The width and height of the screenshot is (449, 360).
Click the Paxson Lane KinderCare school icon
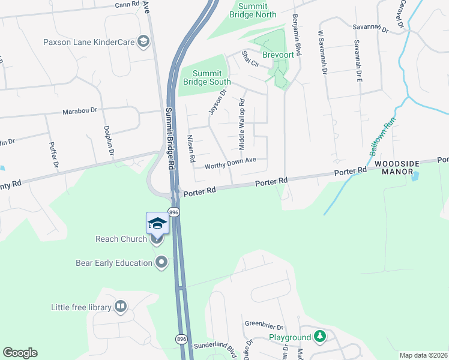(143, 41)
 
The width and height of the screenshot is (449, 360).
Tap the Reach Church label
(121, 239)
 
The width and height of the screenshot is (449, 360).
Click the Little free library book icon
(121, 307)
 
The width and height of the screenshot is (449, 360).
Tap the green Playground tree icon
(321, 337)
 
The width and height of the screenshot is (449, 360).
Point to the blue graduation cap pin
(157, 224)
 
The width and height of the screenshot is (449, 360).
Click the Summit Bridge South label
(203, 77)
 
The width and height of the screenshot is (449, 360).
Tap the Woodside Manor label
(394, 167)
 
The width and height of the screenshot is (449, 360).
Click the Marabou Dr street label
(82, 112)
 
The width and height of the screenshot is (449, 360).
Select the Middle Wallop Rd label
(243, 124)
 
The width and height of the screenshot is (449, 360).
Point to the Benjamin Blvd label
(297, 35)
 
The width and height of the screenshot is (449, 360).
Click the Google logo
(20, 353)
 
